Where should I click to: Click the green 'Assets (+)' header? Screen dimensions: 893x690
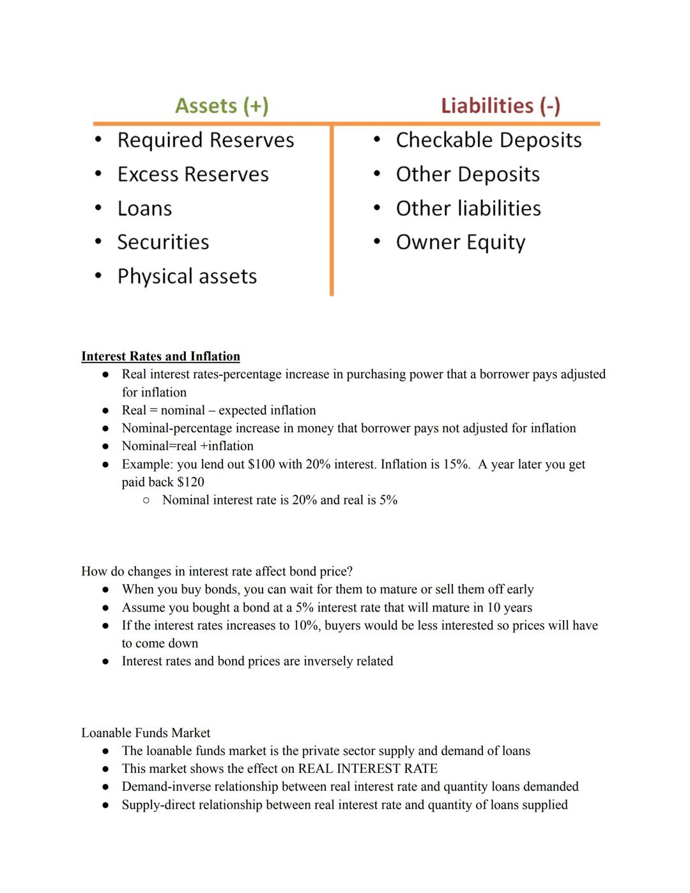[x=222, y=105]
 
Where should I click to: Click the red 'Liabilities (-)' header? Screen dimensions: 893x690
[x=500, y=105]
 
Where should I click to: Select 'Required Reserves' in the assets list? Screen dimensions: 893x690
[x=205, y=140]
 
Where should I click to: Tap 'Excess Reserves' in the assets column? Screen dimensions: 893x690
[x=193, y=175]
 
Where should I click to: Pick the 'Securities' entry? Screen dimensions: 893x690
[x=163, y=242]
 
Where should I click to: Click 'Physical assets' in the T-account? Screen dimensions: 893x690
[x=187, y=276]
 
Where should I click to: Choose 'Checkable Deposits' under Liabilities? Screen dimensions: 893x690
[x=489, y=140]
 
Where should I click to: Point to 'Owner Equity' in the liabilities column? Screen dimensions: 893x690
[x=460, y=242]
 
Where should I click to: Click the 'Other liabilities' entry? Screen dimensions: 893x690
[x=468, y=208]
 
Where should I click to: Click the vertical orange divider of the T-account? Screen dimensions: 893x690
[x=332, y=211]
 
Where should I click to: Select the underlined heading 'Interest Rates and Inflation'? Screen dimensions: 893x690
[x=160, y=356]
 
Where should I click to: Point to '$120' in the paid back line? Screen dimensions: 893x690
[x=190, y=482]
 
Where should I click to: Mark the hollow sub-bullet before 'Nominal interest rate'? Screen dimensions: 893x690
[x=146, y=501]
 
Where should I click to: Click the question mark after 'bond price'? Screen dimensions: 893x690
[x=349, y=571]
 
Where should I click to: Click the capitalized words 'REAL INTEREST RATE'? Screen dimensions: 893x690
[x=367, y=768]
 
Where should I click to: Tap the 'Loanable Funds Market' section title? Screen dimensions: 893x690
[x=146, y=733]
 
